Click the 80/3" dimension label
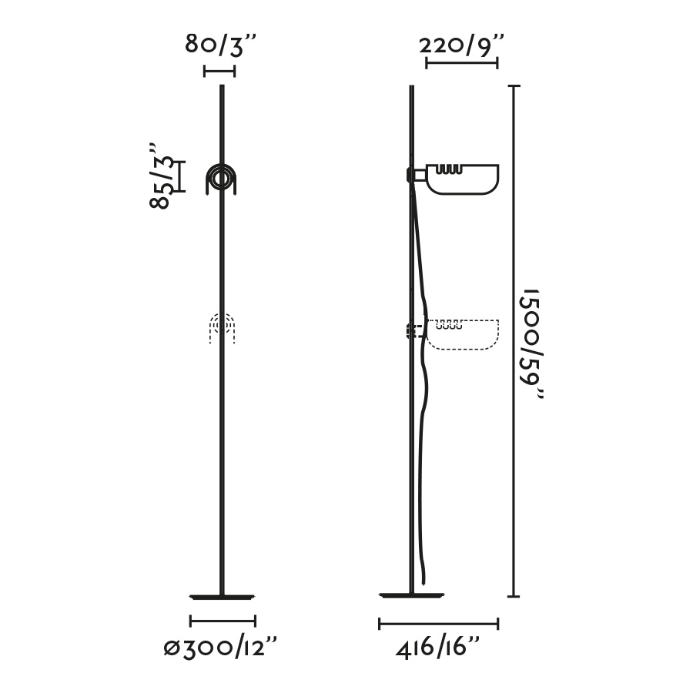point(220,45)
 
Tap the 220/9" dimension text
point(461,45)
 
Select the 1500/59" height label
point(531,344)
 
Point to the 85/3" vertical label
point(160,176)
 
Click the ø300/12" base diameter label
point(220,648)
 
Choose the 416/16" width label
point(437,648)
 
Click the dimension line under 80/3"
point(219,71)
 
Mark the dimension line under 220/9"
point(462,63)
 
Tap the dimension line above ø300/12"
point(223,621)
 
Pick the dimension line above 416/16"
point(439,624)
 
